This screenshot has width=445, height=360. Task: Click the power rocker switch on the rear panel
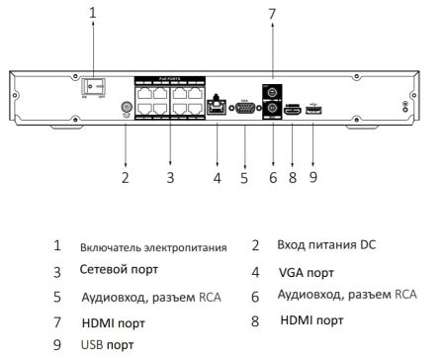point(93,87)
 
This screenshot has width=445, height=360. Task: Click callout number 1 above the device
point(93,13)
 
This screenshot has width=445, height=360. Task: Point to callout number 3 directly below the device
point(170,178)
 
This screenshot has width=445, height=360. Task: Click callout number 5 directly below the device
point(243,178)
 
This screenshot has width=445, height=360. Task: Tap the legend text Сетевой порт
point(119,269)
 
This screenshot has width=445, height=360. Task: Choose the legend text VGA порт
point(307,270)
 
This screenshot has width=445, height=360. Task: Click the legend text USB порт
point(107,345)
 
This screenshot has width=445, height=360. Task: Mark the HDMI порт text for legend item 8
point(311,320)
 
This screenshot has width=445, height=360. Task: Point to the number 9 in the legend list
point(56,345)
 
